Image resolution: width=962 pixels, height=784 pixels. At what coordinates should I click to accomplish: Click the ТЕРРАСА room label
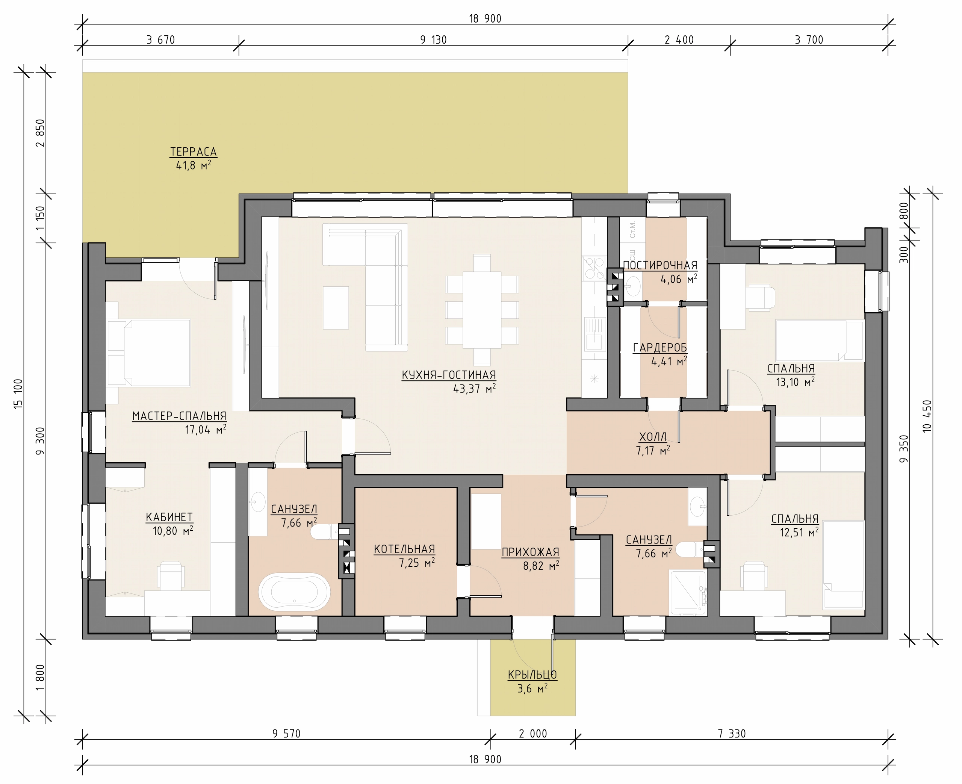click(x=193, y=152)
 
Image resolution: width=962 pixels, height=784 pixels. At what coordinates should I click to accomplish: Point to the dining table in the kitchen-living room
click(x=482, y=310)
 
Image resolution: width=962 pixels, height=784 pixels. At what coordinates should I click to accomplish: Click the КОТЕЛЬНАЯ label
click(x=404, y=549)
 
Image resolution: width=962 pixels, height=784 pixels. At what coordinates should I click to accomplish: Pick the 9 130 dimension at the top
click(x=433, y=40)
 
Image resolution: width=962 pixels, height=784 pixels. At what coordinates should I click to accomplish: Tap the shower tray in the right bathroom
click(x=688, y=593)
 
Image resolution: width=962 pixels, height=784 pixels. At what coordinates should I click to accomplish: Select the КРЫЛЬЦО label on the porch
click(x=532, y=675)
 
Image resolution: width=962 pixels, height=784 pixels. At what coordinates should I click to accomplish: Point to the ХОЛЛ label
click(x=653, y=437)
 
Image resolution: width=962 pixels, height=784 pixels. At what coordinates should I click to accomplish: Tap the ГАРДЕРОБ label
click(x=660, y=347)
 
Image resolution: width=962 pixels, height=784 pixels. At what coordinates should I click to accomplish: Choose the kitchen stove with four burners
click(x=594, y=268)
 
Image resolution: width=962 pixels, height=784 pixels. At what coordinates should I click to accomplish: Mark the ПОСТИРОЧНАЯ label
click(x=660, y=266)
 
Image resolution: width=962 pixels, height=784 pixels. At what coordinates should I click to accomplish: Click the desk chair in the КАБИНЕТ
click(x=170, y=575)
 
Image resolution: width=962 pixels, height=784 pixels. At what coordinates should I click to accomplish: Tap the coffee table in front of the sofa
click(x=336, y=307)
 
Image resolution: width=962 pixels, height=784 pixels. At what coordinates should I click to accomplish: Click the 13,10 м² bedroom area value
click(x=795, y=382)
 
